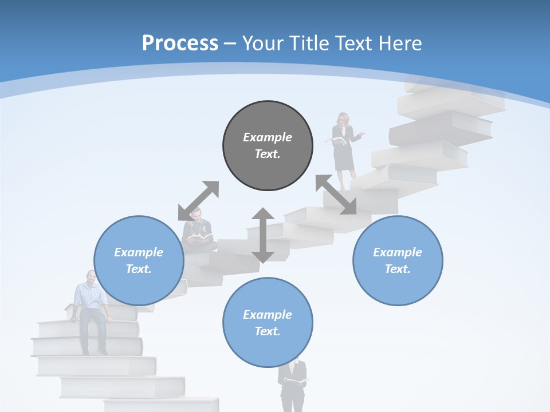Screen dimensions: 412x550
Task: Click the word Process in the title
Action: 180,43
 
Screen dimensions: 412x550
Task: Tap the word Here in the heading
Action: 399,43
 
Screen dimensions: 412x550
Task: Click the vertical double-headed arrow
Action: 262,235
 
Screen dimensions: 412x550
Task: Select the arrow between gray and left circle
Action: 198,201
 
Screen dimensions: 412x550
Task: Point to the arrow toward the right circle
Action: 336,195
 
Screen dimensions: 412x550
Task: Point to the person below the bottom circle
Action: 292,386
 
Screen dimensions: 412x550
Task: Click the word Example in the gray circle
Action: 268,137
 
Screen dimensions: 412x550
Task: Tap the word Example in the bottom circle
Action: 268,315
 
